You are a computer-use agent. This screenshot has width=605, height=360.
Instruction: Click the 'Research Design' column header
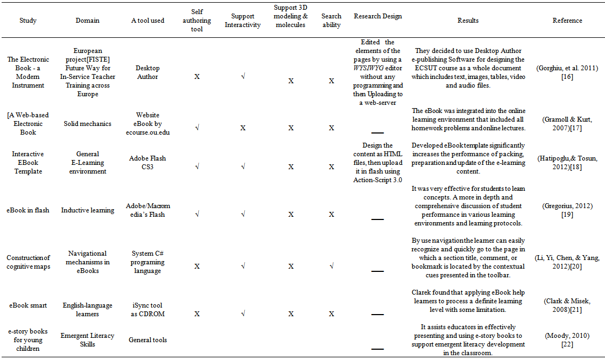[378, 16]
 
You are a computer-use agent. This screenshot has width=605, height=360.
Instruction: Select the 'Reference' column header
[567, 21]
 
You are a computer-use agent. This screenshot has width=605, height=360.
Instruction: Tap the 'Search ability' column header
[331, 21]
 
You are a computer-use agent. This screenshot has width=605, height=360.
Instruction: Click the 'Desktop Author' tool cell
[147, 72]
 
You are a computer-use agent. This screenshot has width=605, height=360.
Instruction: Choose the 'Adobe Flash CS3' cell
[147, 163]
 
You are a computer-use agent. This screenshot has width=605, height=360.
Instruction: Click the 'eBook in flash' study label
[28, 210]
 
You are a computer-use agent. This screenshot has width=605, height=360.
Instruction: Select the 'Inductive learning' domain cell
[88, 210]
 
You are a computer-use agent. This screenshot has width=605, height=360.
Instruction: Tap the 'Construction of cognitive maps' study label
[28, 262]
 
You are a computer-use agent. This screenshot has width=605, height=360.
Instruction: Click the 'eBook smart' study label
[28, 305]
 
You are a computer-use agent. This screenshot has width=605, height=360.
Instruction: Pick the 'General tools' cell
[147, 340]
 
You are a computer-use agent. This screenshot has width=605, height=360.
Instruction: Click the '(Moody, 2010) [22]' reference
[567, 340]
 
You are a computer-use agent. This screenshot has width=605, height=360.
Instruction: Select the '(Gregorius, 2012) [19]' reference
[567, 210]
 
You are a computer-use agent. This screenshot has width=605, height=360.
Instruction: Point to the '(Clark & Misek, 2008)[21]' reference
[567, 305]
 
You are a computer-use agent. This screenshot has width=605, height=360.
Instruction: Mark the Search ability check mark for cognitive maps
[331, 266]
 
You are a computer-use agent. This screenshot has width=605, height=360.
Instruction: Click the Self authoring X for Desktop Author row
[197, 77]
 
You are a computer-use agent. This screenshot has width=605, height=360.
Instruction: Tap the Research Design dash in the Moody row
[378, 349]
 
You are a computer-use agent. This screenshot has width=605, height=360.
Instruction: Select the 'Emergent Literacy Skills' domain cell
[88, 340]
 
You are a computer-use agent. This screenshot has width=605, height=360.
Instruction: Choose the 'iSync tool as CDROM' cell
[147, 310]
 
